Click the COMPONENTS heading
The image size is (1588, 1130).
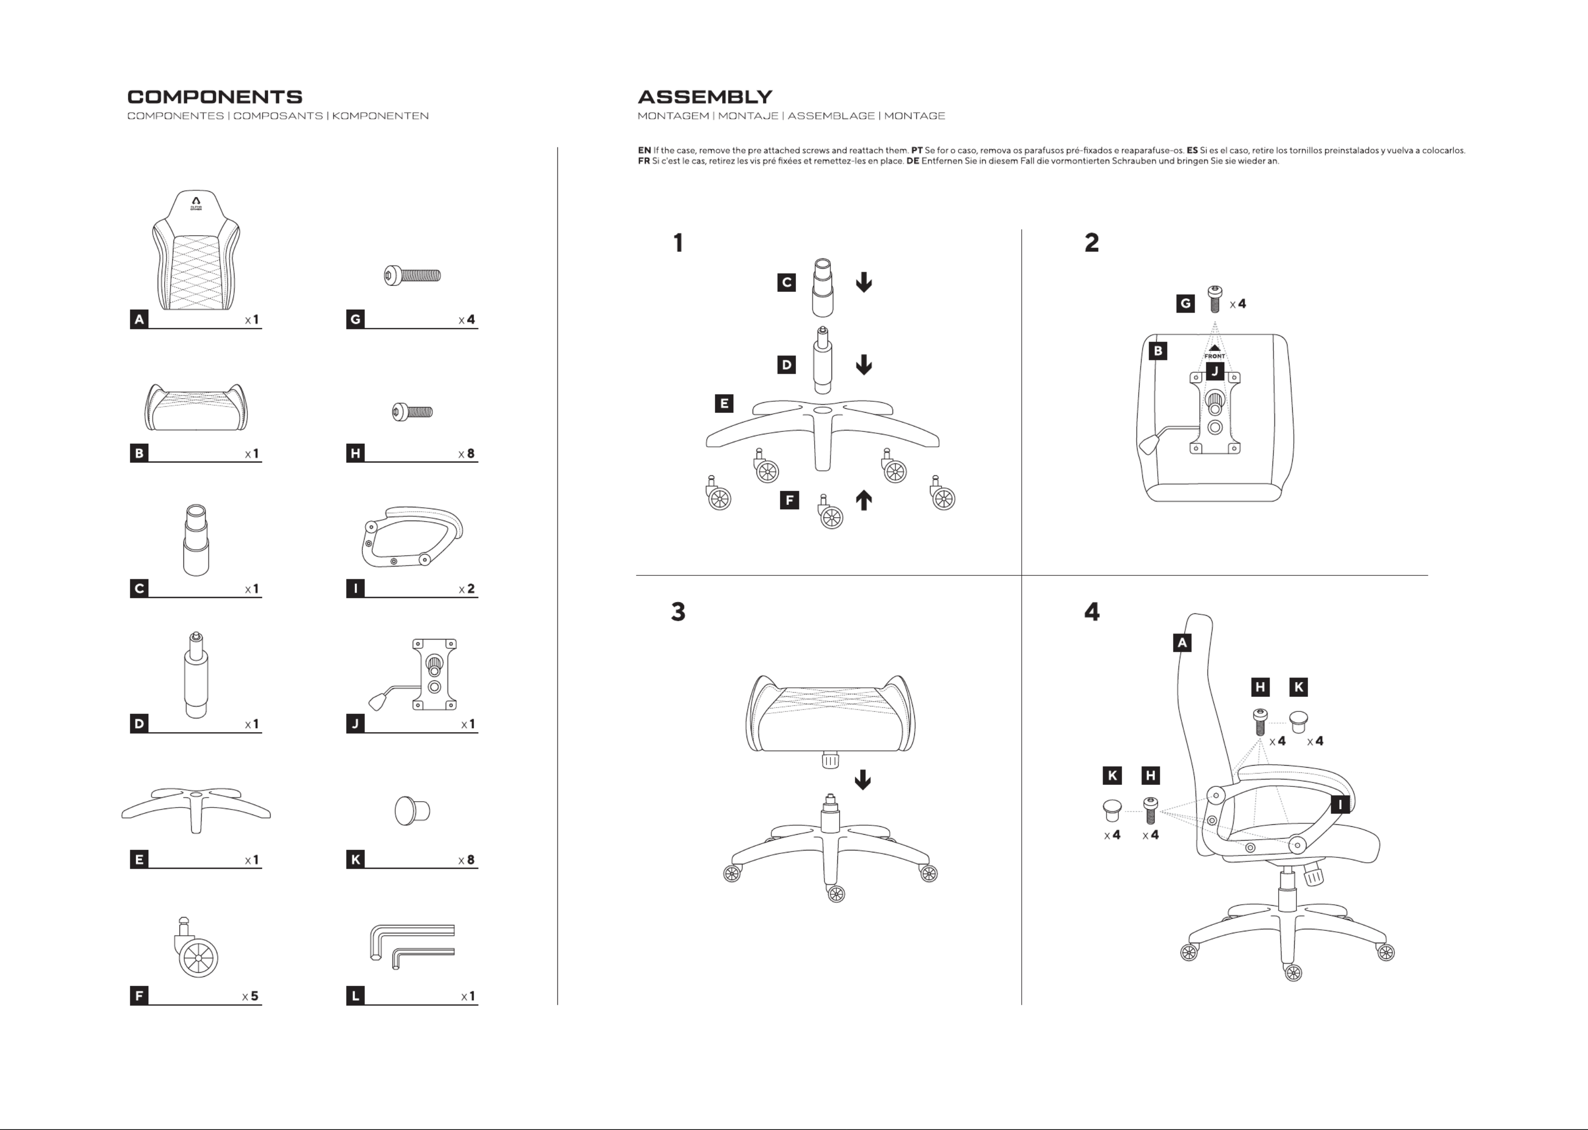[214, 97]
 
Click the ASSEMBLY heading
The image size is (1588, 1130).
[705, 97]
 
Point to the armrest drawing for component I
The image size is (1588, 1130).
[412, 536]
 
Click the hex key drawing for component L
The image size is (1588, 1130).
[412, 946]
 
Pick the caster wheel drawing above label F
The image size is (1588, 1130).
[196, 950]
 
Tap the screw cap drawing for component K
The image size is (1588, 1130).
[412, 811]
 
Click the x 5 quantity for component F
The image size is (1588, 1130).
[250, 996]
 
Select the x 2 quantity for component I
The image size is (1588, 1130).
[467, 589]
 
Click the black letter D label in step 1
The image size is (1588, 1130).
[786, 365]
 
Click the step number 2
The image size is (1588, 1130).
[1091, 243]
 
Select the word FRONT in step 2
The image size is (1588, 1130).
[1214, 356]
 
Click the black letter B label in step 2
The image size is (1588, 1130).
[1158, 351]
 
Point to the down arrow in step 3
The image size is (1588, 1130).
[863, 779]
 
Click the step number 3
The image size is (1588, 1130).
[678, 612]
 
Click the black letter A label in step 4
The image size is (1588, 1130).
[1182, 642]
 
